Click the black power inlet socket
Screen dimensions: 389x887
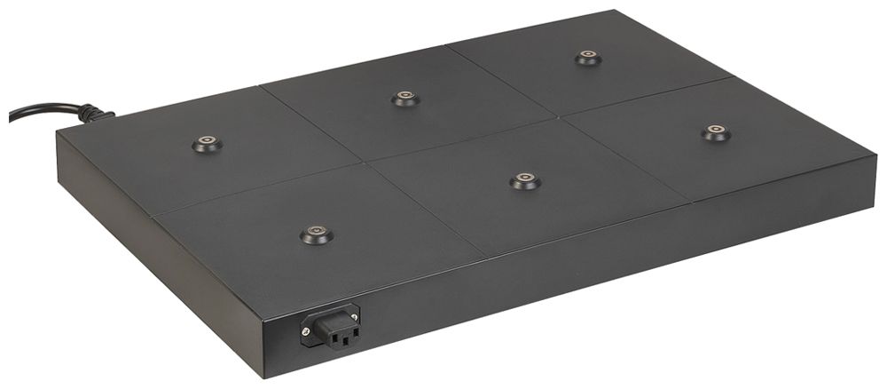pyautogui.click(x=332, y=326)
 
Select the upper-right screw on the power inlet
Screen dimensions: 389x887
pyautogui.click(x=356, y=311)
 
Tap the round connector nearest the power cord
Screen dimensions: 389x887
pyautogui.click(x=207, y=143)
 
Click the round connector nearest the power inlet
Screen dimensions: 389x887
pyautogui.click(x=316, y=234)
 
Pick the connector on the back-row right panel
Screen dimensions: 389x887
pyautogui.click(x=587, y=58)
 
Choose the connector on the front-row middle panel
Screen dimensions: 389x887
pyautogui.click(x=525, y=181)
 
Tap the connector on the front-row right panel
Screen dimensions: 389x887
pyautogui.click(x=716, y=133)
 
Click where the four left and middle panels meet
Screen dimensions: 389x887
pyautogui.click(x=363, y=163)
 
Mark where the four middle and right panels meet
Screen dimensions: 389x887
pyautogui.click(x=558, y=118)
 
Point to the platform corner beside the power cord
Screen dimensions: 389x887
pyautogui.click(x=59, y=132)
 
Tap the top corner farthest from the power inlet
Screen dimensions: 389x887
pyautogui.click(x=612, y=12)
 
